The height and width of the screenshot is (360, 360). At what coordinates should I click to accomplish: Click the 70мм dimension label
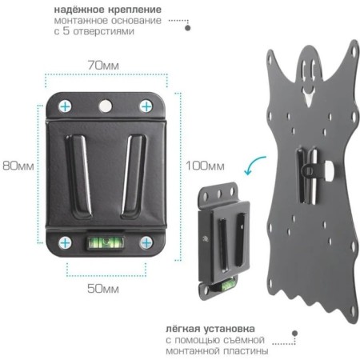click(x=103, y=66)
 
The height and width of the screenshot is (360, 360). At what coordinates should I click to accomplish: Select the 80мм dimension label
click(x=18, y=166)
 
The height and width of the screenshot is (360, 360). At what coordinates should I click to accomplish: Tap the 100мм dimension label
click(x=205, y=166)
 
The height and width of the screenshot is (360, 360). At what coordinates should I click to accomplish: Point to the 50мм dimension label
click(x=103, y=289)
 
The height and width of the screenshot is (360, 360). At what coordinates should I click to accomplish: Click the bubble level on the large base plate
click(x=105, y=242)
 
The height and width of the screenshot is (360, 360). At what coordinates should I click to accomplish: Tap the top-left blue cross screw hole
click(x=65, y=106)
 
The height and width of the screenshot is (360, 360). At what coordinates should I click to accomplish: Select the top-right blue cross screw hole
click(x=146, y=106)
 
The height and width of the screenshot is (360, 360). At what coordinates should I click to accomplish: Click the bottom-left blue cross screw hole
click(x=65, y=243)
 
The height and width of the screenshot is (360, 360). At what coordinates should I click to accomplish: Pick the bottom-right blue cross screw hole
click(x=146, y=243)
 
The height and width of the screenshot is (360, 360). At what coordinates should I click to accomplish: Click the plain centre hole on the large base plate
click(x=106, y=106)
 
